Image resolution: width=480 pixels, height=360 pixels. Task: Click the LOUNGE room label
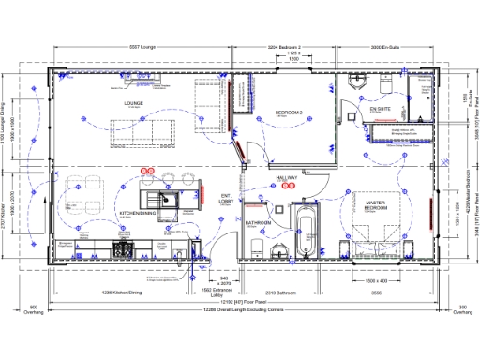[132, 103]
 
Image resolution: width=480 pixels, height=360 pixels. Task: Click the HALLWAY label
[286, 177]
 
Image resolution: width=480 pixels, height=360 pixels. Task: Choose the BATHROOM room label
[259, 223]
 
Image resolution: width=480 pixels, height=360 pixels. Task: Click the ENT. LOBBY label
[225, 199]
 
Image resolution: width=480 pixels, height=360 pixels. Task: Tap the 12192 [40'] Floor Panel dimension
[242, 303]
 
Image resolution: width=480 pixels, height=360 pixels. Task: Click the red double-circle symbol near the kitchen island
[146, 170]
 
